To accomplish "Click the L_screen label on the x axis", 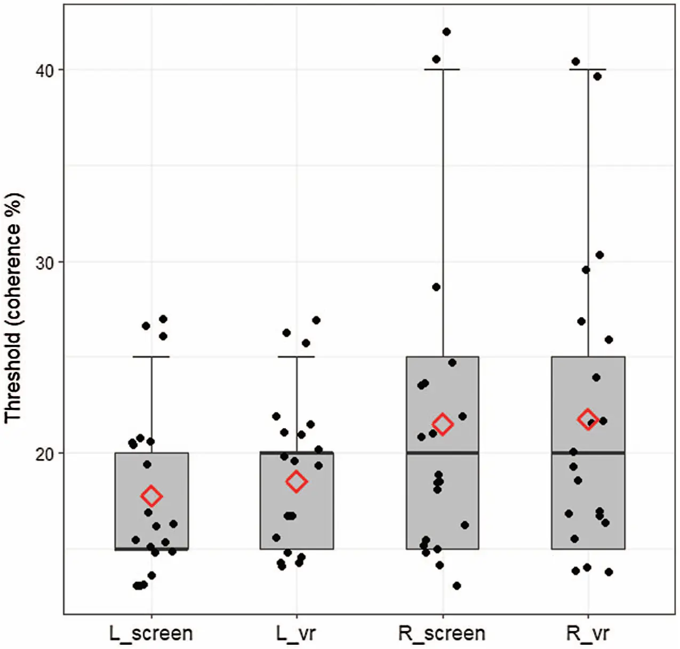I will pos(151,634).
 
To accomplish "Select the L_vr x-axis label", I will pos(296,634).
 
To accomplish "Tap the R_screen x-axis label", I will pos(442,634).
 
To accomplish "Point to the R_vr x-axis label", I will pos(587,634).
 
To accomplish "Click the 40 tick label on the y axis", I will pos(46,70).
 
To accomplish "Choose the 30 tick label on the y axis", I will pos(46,262).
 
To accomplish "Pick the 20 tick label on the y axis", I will pos(46,453).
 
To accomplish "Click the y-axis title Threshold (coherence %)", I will pos(13,308).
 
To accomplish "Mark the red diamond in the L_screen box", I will pos(151,496).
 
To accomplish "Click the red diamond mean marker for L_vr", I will pos(296,482).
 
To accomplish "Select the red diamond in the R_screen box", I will pos(442,425).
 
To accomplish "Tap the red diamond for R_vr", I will pos(588,419).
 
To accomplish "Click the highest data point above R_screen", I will pos(446,32).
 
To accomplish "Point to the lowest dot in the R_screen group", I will pos(457,586).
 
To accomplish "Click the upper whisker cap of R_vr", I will pos(588,69).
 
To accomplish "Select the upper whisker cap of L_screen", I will pos(151,357).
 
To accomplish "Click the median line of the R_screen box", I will pos(442,453).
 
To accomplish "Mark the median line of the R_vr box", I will pos(588,453).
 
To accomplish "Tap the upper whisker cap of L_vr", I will pos(297,357).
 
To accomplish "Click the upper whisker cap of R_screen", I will pos(442,69).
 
